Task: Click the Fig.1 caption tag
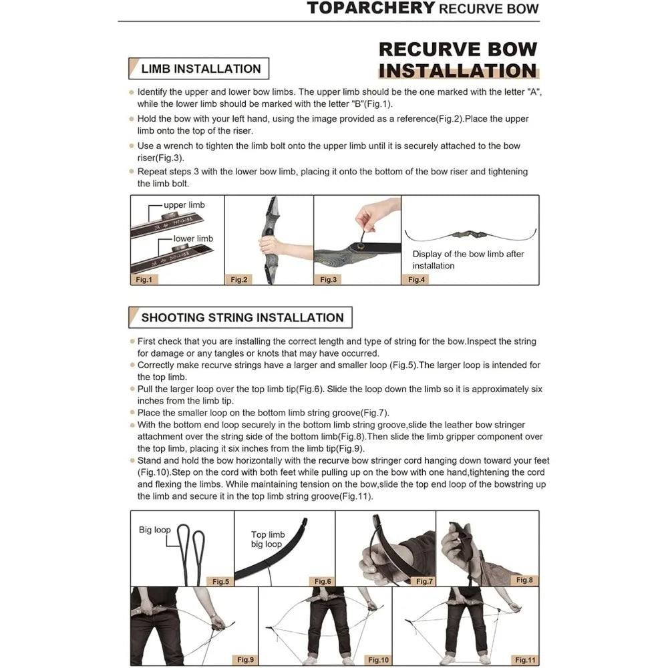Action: click(x=144, y=279)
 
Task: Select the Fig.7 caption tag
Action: click(x=424, y=581)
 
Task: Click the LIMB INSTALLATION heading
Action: click(x=200, y=69)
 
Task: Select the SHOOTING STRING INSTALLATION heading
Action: click(x=242, y=317)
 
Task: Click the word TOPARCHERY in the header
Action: click(x=370, y=9)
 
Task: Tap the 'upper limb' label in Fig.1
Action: click(x=184, y=205)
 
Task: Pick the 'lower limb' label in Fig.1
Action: click(x=193, y=238)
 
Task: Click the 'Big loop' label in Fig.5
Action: click(x=154, y=530)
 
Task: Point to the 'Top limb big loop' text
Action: click(x=267, y=539)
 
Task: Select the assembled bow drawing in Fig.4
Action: click(x=470, y=235)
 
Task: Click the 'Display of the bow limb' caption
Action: click(x=468, y=260)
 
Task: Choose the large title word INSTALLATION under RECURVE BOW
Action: click(x=458, y=71)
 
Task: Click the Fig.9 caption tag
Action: click(x=246, y=660)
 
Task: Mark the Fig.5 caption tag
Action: click(x=220, y=581)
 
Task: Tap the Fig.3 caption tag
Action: click(x=329, y=279)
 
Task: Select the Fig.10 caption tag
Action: click(x=378, y=660)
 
